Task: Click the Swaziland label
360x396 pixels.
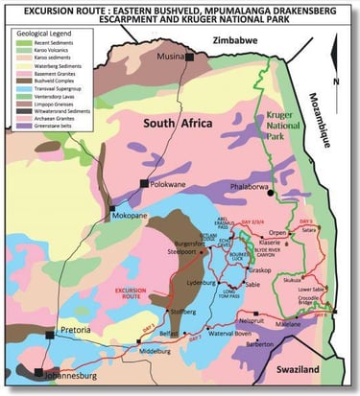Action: pyautogui.click(x=300, y=368)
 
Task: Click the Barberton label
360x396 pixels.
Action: pyautogui.click(x=254, y=347)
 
